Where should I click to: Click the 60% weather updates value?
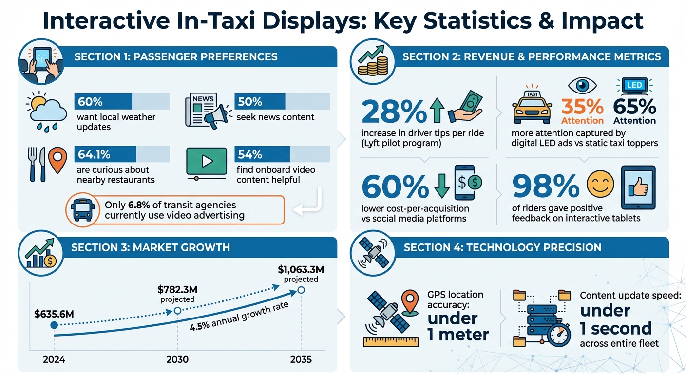point(90,102)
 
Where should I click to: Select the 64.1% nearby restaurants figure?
point(94,154)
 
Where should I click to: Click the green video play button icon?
point(207,161)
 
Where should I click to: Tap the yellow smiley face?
point(600,184)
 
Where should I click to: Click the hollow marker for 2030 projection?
point(177,310)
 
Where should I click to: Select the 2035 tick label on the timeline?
point(301,360)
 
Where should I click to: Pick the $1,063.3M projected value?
point(301,269)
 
